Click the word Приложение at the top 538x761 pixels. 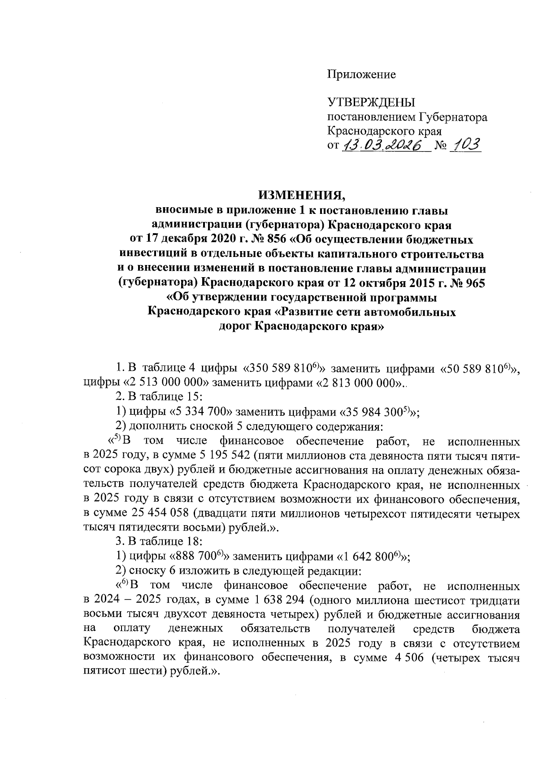point(361,74)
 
